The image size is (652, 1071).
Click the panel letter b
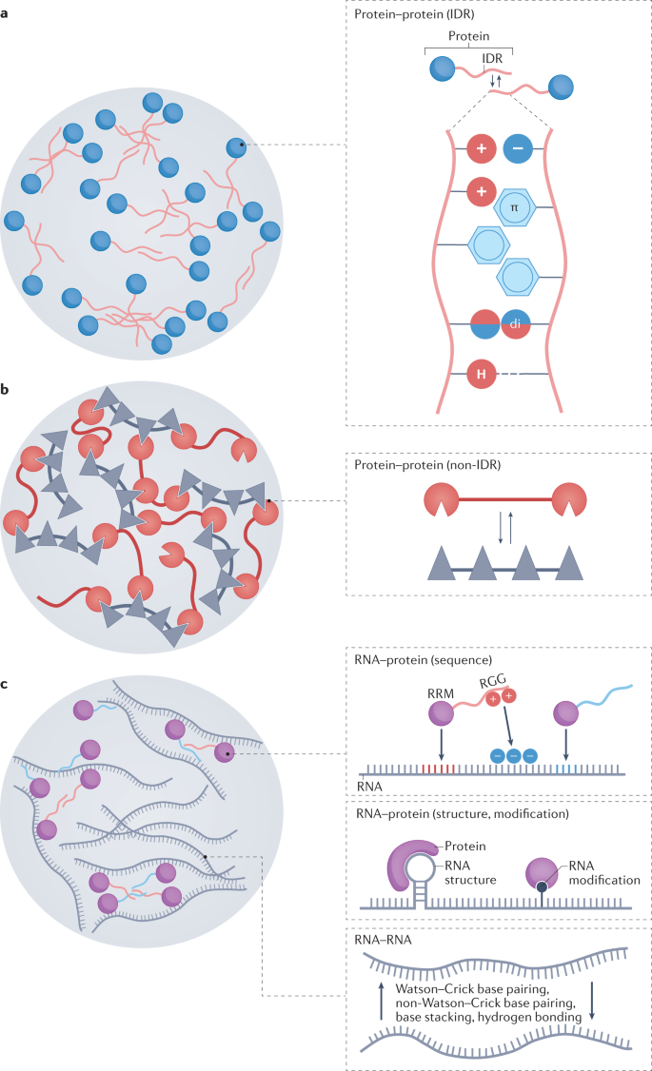pos(6,390)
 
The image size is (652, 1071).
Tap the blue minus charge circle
pos(519,149)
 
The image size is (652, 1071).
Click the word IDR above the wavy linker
pos(492,59)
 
